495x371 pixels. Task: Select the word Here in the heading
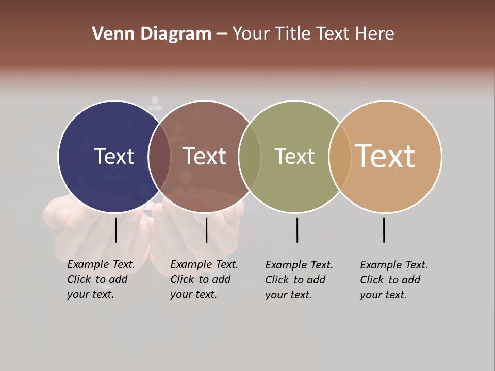pyautogui.click(x=375, y=34)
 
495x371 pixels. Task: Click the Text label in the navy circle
pyautogui.click(x=114, y=156)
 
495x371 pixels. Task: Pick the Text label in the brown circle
pyautogui.click(x=205, y=156)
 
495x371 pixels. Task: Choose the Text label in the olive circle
pyautogui.click(x=294, y=156)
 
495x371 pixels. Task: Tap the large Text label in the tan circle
pyautogui.click(x=385, y=156)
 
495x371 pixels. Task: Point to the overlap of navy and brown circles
pyautogui.click(x=159, y=156)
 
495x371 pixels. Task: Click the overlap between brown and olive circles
pyautogui.click(x=250, y=156)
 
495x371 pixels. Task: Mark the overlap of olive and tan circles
pyautogui.click(x=340, y=156)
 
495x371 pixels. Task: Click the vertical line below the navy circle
pyautogui.click(x=115, y=230)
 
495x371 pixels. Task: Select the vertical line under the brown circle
pyautogui.click(x=206, y=230)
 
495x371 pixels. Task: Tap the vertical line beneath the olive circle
pyautogui.click(x=297, y=230)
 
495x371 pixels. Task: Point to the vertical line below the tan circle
pyautogui.click(x=384, y=230)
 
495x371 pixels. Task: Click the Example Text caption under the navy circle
pyautogui.click(x=101, y=279)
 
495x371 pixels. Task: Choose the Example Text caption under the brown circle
pyautogui.click(x=204, y=279)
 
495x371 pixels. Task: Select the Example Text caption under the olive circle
pyautogui.click(x=299, y=280)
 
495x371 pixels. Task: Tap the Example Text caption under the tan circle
pyautogui.click(x=394, y=280)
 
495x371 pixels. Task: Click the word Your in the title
pyautogui.click(x=250, y=34)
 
